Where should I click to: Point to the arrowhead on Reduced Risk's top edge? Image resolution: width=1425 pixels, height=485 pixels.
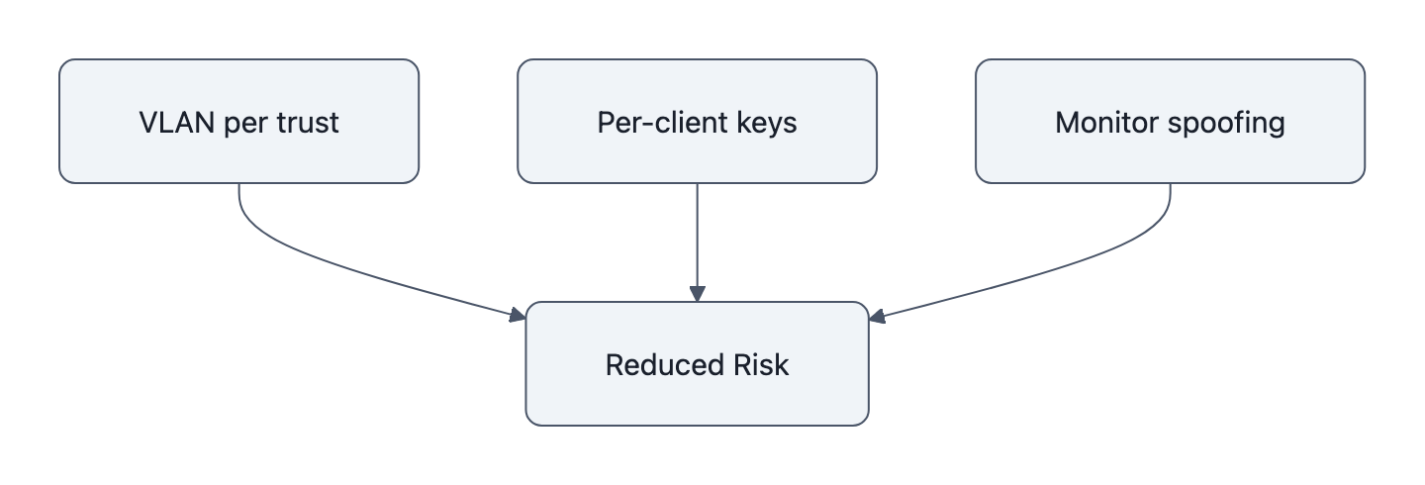(x=697, y=294)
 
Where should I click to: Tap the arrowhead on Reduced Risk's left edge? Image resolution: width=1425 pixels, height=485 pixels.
(x=518, y=316)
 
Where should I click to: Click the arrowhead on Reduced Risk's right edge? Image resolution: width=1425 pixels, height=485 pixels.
(x=877, y=316)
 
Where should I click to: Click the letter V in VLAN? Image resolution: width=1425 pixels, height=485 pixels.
(x=147, y=122)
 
